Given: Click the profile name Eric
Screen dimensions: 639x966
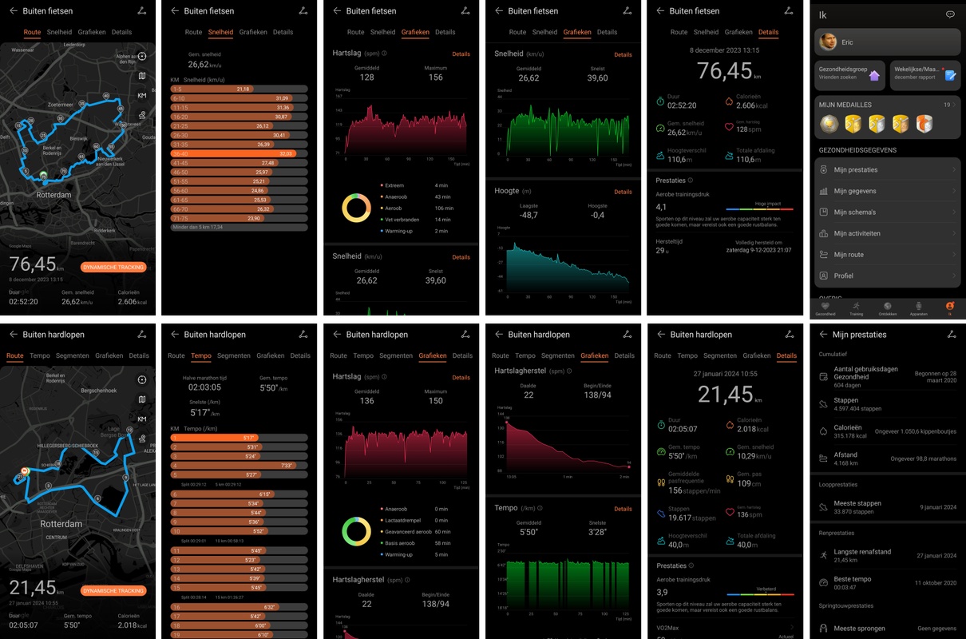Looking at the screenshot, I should coord(848,42).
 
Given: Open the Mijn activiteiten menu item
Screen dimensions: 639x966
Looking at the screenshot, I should coord(857,233).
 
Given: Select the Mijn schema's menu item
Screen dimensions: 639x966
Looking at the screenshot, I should coord(854,212).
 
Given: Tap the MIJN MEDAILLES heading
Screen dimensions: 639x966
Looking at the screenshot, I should coord(845,105).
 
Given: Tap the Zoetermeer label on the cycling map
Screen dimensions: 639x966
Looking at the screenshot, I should coord(61,105).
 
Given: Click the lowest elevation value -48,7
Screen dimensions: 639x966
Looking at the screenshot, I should coord(529,216).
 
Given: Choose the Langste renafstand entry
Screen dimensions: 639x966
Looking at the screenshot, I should coord(862,552).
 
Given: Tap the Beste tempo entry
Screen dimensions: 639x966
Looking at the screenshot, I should coord(852,579).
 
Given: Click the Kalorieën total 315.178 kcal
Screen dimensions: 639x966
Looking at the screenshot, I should coord(849,436).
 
